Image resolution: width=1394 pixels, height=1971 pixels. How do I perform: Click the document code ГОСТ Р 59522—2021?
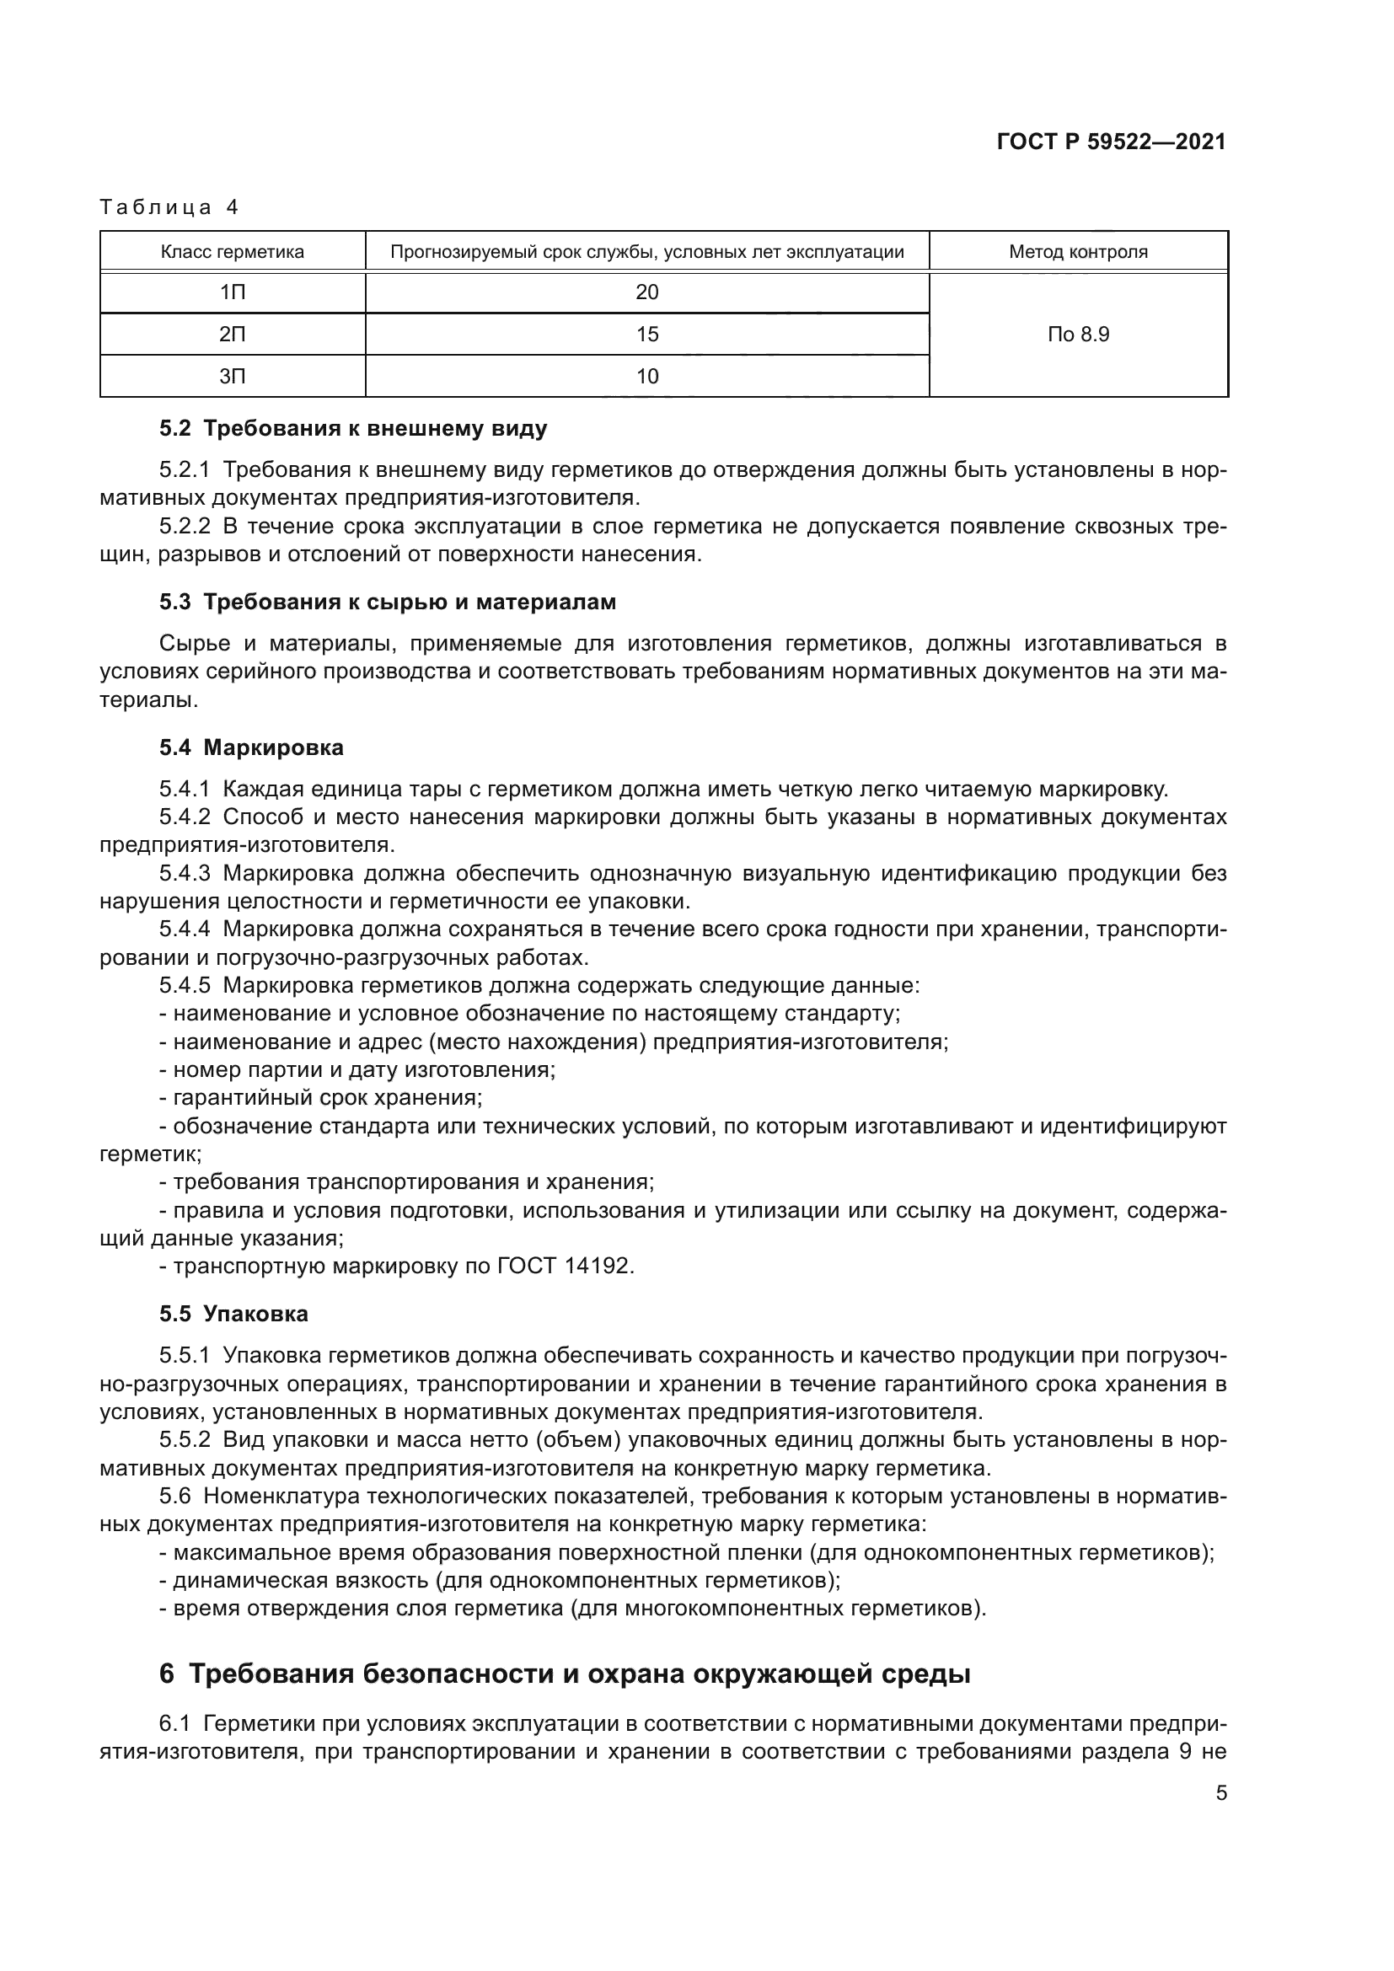click(x=1111, y=142)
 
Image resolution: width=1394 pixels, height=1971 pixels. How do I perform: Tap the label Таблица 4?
click(x=169, y=207)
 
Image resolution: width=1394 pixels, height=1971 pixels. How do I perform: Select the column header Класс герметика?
click(x=232, y=253)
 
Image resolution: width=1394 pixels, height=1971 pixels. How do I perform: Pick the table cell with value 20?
click(x=646, y=292)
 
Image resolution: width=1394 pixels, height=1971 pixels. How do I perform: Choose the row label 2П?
click(x=232, y=334)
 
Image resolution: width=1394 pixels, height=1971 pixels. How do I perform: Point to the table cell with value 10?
click(x=646, y=376)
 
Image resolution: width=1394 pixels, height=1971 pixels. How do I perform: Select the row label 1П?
click(x=232, y=292)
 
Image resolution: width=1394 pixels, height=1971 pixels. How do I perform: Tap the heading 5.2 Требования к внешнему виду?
click(x=353, y=428)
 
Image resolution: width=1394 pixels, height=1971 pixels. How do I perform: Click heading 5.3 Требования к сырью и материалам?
click(x=387, y=602)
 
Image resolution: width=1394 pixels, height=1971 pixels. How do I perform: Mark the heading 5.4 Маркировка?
click(x=250, y=747)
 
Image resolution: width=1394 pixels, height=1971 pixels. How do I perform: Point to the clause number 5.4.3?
click(x=185, y=874)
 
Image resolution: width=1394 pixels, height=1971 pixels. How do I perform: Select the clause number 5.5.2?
click(x=185, y=1440)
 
